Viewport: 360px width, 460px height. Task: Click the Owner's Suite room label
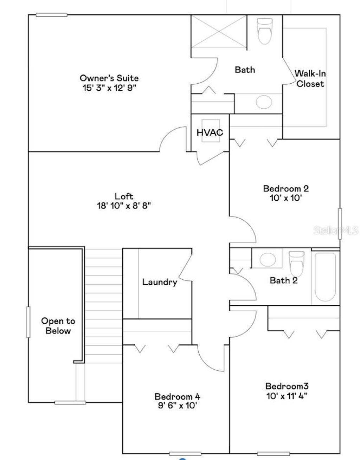(109, 78)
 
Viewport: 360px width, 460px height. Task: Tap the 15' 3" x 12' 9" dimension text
(109, 88)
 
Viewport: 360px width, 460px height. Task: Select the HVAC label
(210, 133)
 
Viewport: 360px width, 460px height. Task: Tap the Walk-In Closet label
(310, 79)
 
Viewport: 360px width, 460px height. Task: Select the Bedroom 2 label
(286, 188)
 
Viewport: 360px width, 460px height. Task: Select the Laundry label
(160, 282)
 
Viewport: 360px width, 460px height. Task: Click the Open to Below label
(58, 326)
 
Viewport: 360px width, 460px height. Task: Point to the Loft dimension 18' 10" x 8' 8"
(124, 206)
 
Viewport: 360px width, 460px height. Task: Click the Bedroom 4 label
(178, 397)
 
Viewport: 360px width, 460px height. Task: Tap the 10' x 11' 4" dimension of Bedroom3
(287, 396)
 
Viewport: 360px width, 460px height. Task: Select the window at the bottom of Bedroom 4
(185, 453)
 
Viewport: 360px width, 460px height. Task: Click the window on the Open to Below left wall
(28, 322)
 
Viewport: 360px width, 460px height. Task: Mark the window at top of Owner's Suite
(51, 15)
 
